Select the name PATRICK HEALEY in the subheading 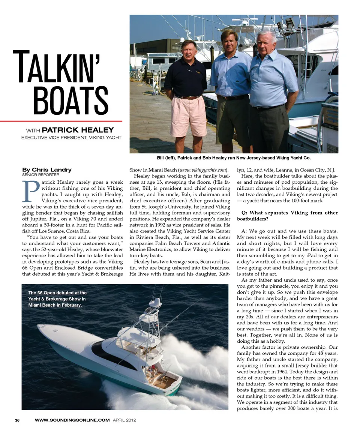[x=78, y=130]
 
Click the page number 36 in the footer [x=17, y=420]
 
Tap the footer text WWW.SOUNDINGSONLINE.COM [x=72, y=420]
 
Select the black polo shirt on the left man [x=186, y=77]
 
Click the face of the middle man [x=229, y=41]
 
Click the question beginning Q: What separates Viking [x=287, y=216]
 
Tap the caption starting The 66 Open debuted [x=57, y=299]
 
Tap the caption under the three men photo [x=234, y=158]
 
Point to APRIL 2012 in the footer [x=124, y=420]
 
